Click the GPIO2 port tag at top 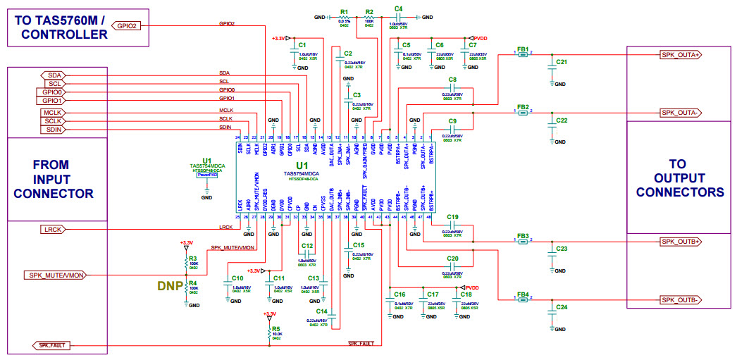click(126, 26)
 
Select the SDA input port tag click(53, 75)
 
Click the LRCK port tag click(54, 229)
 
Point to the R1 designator click(344, 12)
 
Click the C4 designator click(399, 8)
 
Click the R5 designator click(276, 328)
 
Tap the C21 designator click(562, 62)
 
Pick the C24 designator click(562, 308)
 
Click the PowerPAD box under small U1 click(206, 174)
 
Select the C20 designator click(452, 259)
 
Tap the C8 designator click(452, 79)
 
